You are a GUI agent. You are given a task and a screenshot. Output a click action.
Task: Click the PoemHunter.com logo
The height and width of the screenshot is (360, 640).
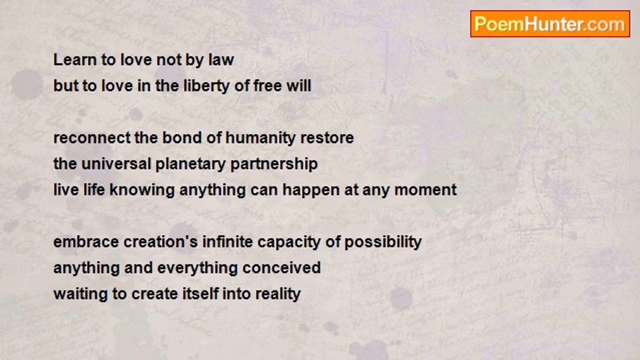click(x=550, y=24)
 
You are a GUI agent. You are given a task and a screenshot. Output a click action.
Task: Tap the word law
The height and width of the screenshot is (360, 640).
click(x=221, y=60)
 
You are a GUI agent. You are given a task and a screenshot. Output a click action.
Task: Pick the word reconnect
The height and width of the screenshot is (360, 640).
click(x=91, y=138)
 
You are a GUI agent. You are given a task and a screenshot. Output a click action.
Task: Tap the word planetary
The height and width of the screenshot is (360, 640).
click(x=190, y=164)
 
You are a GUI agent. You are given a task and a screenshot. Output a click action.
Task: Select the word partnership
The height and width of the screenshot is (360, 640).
click(x=274, y=164)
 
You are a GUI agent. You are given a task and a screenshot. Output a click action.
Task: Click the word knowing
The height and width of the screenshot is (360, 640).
click(x=142, y=190)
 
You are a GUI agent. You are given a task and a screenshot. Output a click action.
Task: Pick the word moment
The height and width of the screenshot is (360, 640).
click(x=425, y=190)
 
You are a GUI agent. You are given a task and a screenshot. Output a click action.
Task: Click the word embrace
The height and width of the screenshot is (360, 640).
click(x=86, y=242)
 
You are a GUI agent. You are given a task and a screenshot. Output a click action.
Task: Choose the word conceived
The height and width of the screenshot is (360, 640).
click(x=281, y=268)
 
